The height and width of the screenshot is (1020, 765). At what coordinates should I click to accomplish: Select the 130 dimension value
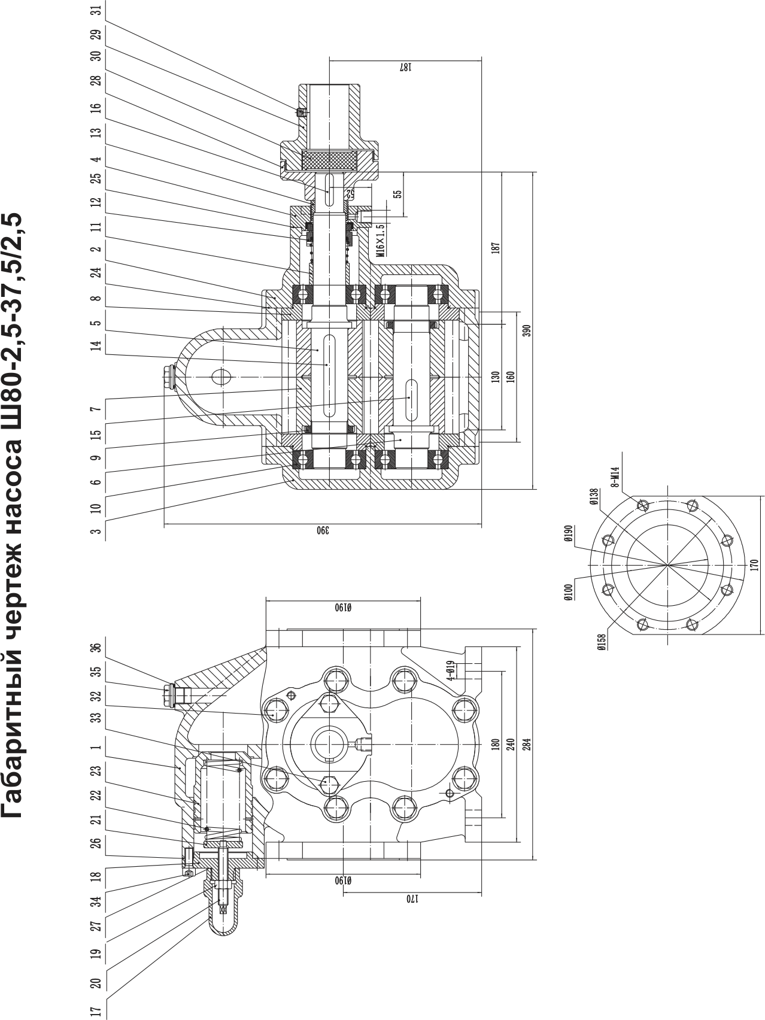click(496, 377)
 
